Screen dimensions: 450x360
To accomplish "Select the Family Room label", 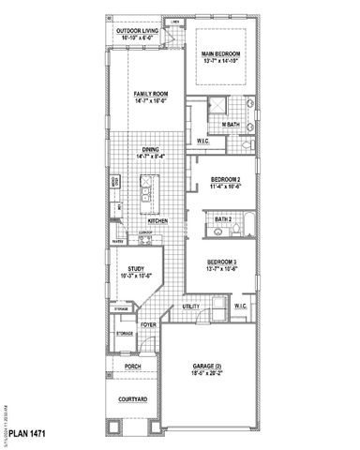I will (x=149, y=94).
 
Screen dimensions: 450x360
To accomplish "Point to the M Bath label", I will (x=229, y=125).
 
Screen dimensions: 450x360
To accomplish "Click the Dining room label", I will (x=150, y=148).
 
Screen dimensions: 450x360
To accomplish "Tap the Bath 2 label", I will (x=223, y=219).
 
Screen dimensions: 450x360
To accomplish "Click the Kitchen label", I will (x=170, y=221).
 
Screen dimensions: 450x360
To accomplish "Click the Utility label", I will (x=191, y=307).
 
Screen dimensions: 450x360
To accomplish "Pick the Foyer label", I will (x=147, y=325).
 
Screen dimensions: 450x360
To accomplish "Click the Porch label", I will (x=131, y=367).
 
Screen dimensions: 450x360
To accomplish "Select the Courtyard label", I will (x=131, y=400).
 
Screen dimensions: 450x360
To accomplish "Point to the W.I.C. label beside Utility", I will (x=239, y=307).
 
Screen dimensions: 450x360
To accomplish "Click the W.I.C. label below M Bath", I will (x=202, y=142).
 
